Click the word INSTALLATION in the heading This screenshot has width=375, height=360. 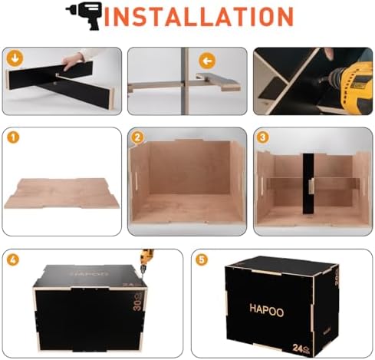(x=199, y=17)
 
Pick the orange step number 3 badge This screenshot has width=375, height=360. (x=263, y=138)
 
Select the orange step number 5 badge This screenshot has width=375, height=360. (x=202, y=259)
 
